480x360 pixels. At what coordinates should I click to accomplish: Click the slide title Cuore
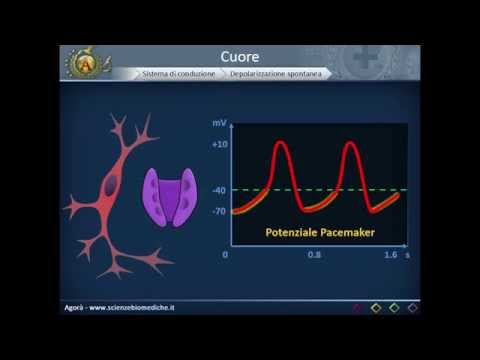[x=240, y=55]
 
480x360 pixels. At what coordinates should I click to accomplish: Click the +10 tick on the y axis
[x=220, y=144]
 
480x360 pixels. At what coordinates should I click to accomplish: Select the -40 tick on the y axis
[x=219, y=190]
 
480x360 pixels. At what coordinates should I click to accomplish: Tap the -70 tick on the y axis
[x=219, y=211]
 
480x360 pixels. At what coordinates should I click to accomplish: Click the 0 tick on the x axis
[x=226, y=255]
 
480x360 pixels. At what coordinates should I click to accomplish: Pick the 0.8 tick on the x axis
[x=314, y=255]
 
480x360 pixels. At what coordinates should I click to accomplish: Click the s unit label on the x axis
[x=407, y=255]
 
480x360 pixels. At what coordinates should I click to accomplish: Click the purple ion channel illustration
[x=167, y=196]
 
